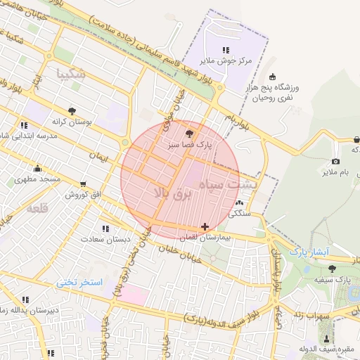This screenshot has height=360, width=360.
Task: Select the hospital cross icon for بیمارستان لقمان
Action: point(205,226)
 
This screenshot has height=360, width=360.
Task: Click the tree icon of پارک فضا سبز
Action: point(188,133)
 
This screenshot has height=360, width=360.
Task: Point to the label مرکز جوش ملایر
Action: point(225,61)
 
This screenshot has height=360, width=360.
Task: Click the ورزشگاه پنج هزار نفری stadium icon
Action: point(273,77)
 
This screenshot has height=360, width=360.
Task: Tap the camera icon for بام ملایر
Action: point(335,162)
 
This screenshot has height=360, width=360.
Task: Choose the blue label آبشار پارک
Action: point(310,251)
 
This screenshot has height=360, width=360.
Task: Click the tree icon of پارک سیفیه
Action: point(332,268)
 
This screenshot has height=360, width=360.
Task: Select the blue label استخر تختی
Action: point(79,282)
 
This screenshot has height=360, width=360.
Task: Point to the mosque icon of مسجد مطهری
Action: point(37,169)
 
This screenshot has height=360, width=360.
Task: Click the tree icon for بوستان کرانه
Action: point(72,110)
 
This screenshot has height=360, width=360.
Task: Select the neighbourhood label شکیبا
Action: point(73,73)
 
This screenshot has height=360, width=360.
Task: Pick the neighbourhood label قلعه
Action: point(37,208)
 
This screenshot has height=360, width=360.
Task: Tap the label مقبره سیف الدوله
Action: point(325,349)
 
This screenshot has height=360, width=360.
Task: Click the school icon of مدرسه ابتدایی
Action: point(24,125)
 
